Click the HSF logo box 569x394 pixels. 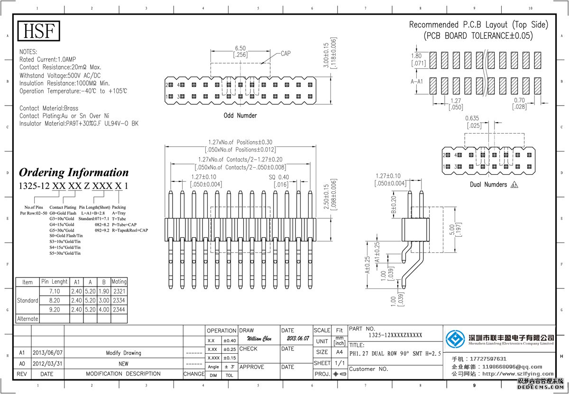[x=39, y=31]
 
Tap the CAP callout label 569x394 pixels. [x=285, y=54]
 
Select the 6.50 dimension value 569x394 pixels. [x=240, y=48]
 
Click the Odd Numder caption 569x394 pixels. [x=240, y=116]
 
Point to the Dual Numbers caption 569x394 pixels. [x=488, y=184]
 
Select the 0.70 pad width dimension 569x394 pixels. [x=519, y=100]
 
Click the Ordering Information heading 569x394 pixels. [x=73, y=172]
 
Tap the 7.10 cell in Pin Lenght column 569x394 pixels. [x=55, y=291]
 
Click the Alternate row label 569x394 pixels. [x=28, y=319]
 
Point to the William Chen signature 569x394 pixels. [x=259, y=339]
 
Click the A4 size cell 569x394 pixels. [x=340, y=352]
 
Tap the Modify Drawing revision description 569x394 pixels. [x=123, y=353]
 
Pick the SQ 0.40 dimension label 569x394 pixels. [x=279, y=177]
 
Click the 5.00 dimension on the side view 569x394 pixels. [x=452, y=230]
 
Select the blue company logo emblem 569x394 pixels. [x=455, y=338]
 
